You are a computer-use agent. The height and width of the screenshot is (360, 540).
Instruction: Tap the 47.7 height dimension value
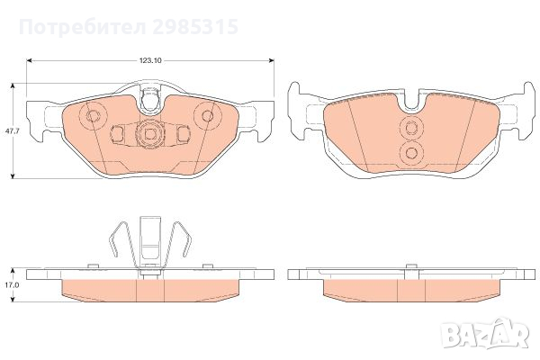tap(10, 130)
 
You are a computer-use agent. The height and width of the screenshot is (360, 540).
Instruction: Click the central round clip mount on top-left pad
tap(149, 134)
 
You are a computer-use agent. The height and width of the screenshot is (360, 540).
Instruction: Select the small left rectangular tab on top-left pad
tap(116, 134)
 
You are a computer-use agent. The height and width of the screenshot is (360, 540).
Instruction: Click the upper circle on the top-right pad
tap(413, 127)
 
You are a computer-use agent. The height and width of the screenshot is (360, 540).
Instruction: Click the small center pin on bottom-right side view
tap(412, 267)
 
